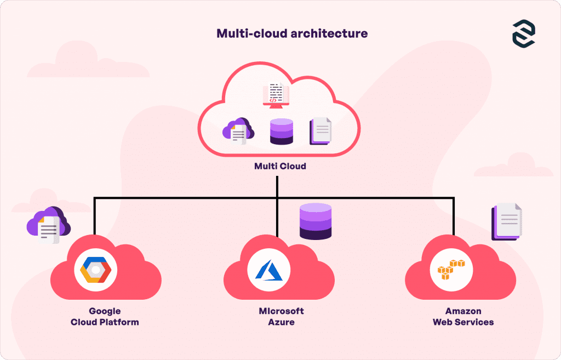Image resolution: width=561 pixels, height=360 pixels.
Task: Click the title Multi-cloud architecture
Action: click(292, 33)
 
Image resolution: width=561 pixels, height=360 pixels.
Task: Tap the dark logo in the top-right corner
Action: click(523, 35)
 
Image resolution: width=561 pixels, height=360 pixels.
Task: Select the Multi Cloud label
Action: click(280, 165)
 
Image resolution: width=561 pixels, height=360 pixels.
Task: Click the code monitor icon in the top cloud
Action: click(276, 94)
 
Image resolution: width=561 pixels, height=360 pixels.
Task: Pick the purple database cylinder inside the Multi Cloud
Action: click(282, 132)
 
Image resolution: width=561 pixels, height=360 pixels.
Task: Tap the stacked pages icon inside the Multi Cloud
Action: click(321, 132)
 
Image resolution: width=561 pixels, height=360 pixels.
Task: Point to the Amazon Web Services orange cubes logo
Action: click(451, 270)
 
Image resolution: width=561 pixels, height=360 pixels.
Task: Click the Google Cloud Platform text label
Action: click(105, 317)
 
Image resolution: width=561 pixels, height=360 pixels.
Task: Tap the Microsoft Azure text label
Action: click(281, 317)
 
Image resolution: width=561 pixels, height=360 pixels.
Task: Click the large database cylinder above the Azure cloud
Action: click(316, 221)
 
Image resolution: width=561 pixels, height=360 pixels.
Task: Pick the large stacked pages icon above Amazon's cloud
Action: click(507, 222)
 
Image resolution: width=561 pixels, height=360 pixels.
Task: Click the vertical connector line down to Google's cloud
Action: click(95, 216)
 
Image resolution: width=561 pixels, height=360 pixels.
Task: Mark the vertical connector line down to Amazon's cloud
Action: click(453, 216)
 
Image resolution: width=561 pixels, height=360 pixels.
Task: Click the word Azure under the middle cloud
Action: click(281, 322)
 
